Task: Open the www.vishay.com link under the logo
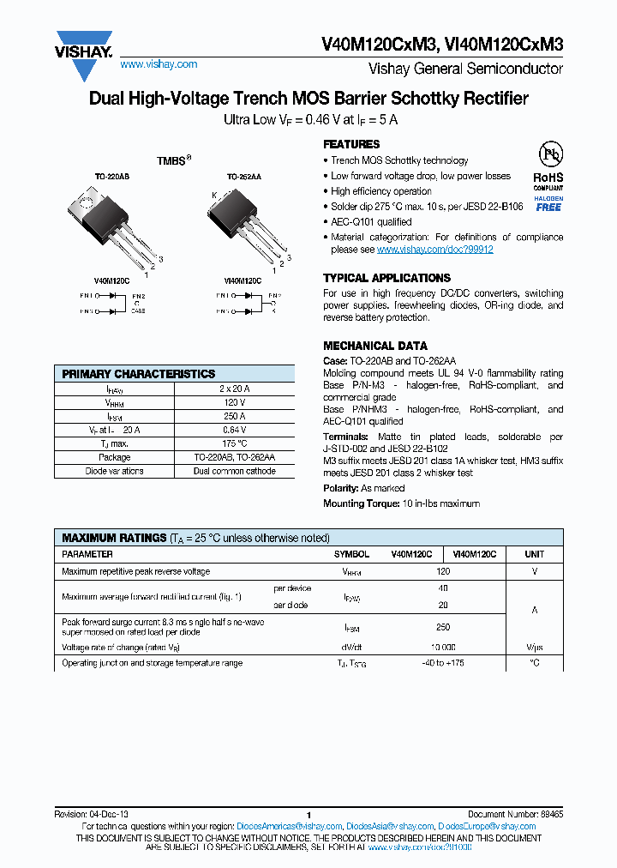(x=159, y=64)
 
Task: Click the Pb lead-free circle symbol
(x=549, y=155)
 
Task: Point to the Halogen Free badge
(x=548, y=203)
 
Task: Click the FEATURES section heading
(x=351, y=144)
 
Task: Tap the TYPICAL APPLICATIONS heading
(x=386, y=278)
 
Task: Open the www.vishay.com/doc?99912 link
(x=434, y=250)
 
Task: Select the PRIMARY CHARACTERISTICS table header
(x=139, y=374)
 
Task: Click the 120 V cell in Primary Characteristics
(x=234, y=402)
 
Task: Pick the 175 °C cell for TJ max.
(x=234, y=443)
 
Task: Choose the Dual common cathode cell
(x=234, y=471)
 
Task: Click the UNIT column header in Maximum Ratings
(x=534, y=555)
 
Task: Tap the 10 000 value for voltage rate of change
(x=442, y=647)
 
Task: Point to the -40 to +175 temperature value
(x=442, y=663)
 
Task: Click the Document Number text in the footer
(x=515, y=814)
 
